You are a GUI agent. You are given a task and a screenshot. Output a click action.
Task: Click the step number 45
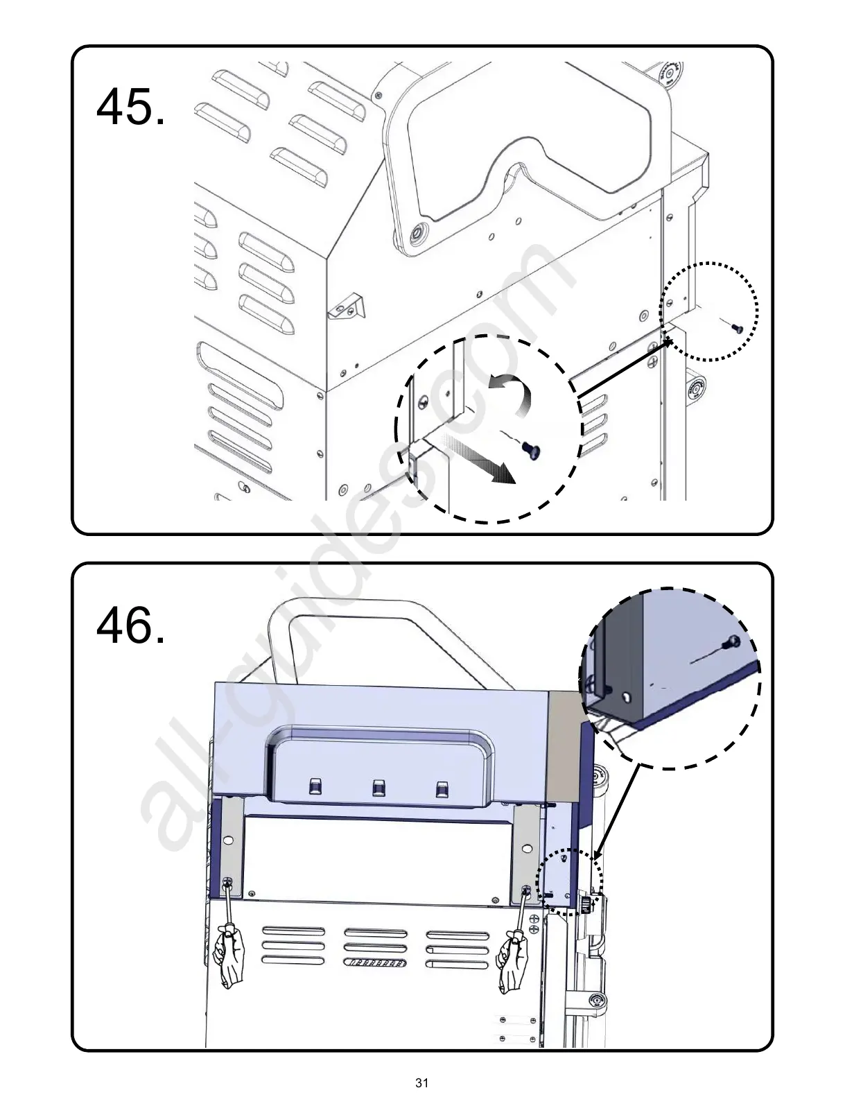[x=130, y=107]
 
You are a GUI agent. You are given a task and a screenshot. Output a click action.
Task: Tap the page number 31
[x=421, y=1082]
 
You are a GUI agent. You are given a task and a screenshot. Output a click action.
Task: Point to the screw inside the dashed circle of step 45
[x=532, y=450]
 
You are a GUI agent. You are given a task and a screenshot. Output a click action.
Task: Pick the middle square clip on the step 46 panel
[x=378, y=787]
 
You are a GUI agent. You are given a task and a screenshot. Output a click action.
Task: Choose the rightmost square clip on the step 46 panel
[x=441, y=789]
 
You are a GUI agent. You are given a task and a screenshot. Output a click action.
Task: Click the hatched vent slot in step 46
[x=375, y=963]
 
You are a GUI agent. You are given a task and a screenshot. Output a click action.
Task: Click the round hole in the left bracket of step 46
[x=229, y=840]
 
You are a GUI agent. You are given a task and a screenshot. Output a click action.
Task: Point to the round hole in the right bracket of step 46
[x=527, y=847]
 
